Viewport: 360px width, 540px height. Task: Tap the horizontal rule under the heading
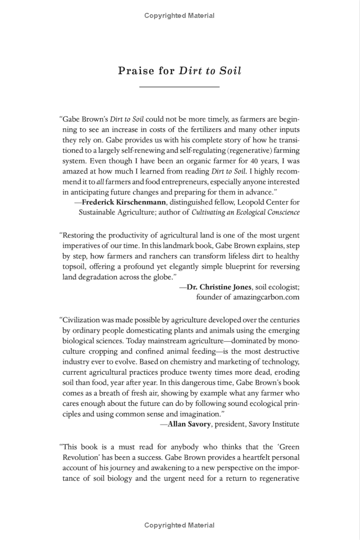coord(179,86)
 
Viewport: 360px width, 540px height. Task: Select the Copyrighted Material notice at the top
coord(179,16)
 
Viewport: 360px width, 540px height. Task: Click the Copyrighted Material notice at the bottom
coord(179,525)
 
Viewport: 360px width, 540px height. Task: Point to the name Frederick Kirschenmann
coord(124,202)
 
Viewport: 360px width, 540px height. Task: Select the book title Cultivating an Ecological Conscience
coord(245,212)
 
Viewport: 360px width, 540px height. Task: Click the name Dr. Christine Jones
coord(219,286)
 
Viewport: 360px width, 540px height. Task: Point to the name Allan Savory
coord(189,424)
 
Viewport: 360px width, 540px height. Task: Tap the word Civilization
coord(81,320)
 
